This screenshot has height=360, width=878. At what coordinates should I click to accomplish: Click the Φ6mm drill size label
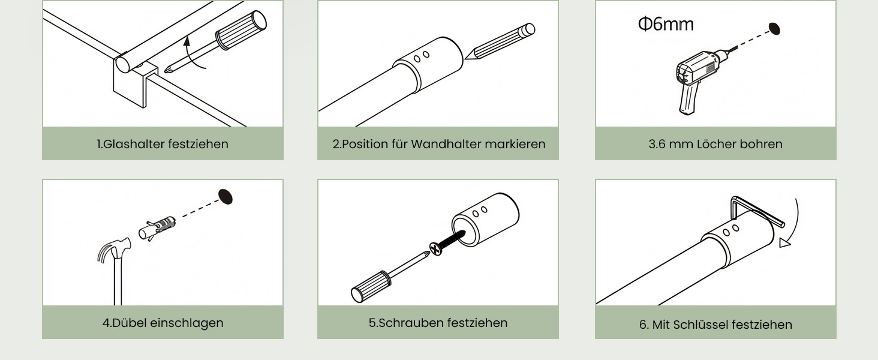pyautogui.click(x=666, y=24)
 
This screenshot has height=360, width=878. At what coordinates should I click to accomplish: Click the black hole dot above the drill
pyautogui.click(x=774, y=29)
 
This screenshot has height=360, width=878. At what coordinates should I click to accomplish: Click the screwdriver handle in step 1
pyautogui.click(x=240, y=30)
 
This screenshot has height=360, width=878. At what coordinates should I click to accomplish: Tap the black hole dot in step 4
pyautogui.click(x=225, y=197)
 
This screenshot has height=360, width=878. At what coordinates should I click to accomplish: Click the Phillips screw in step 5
pyautogui.click(x=447, y=242)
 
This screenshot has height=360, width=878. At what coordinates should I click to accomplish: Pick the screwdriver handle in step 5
pyautogui.click(x=371, y=286)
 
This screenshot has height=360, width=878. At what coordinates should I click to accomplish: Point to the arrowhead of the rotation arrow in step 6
pyautogui.click(x=784, y=243)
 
